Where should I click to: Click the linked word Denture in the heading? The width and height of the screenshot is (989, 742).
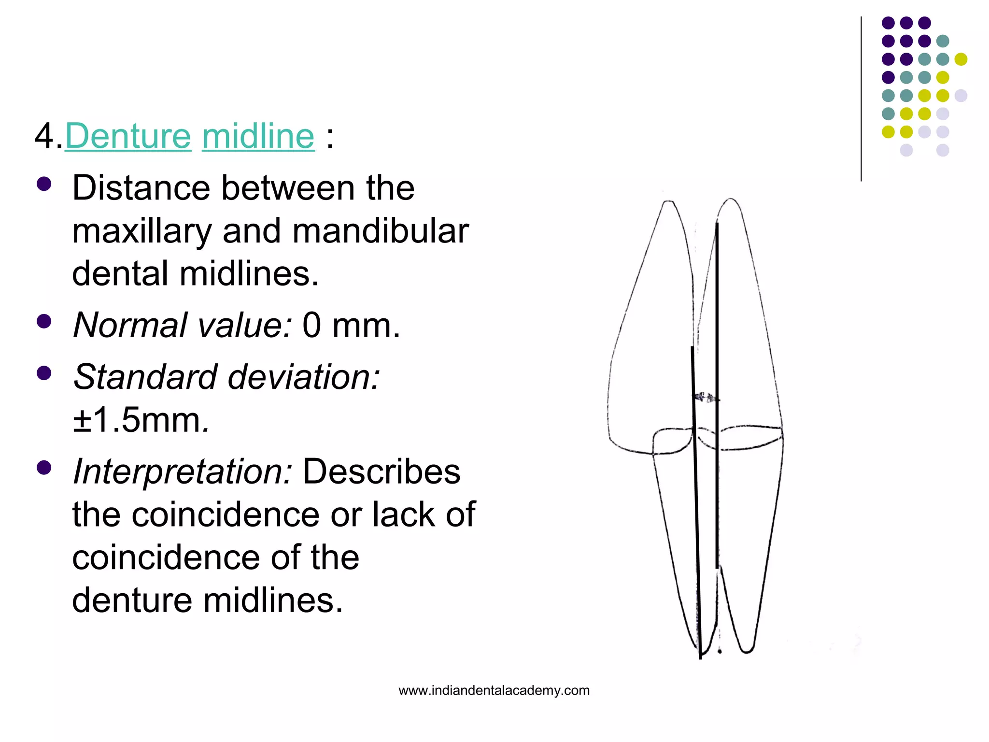point(128,136)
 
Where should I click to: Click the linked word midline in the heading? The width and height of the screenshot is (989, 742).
point(258,136)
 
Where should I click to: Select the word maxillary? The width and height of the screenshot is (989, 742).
point(142,231)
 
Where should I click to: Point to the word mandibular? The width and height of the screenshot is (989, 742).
point(381,231)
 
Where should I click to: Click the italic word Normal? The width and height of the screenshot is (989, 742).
point(129,325)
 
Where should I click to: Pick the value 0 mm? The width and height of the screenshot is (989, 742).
point(351,325)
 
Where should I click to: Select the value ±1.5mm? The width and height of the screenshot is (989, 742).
point(140,420)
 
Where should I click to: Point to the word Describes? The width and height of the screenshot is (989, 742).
point(381,471)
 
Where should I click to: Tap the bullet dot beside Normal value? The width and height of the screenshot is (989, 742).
point(44,322)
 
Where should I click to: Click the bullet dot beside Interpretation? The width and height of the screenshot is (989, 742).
point(44,468)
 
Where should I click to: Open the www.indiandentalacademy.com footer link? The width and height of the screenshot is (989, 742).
point(494,690)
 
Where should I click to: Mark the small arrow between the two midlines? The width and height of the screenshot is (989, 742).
point(706,398)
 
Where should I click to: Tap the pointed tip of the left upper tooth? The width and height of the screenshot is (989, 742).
point(668,202)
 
